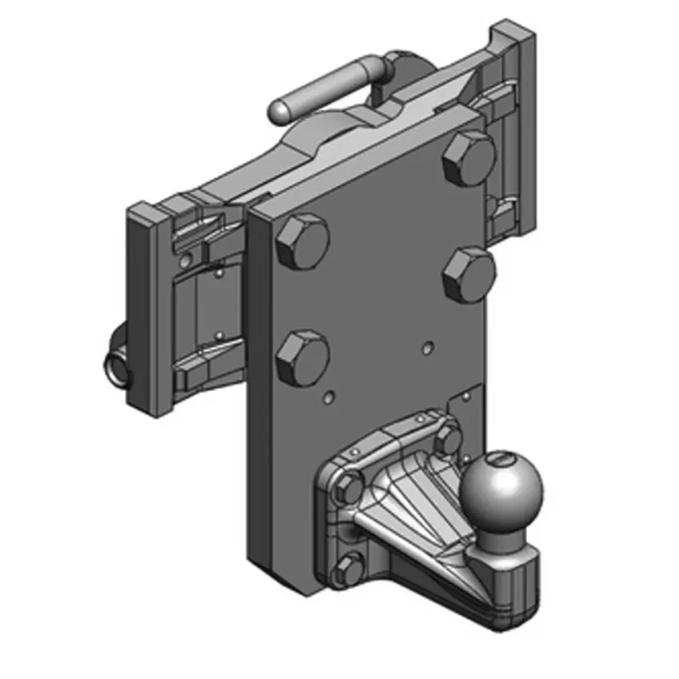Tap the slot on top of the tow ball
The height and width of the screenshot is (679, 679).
(500, 460)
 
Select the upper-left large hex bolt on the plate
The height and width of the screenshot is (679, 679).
(302, 243)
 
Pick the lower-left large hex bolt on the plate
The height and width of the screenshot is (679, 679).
(302, 358)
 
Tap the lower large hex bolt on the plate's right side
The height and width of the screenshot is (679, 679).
(469, 274)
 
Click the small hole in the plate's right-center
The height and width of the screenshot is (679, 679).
(426, 348)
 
